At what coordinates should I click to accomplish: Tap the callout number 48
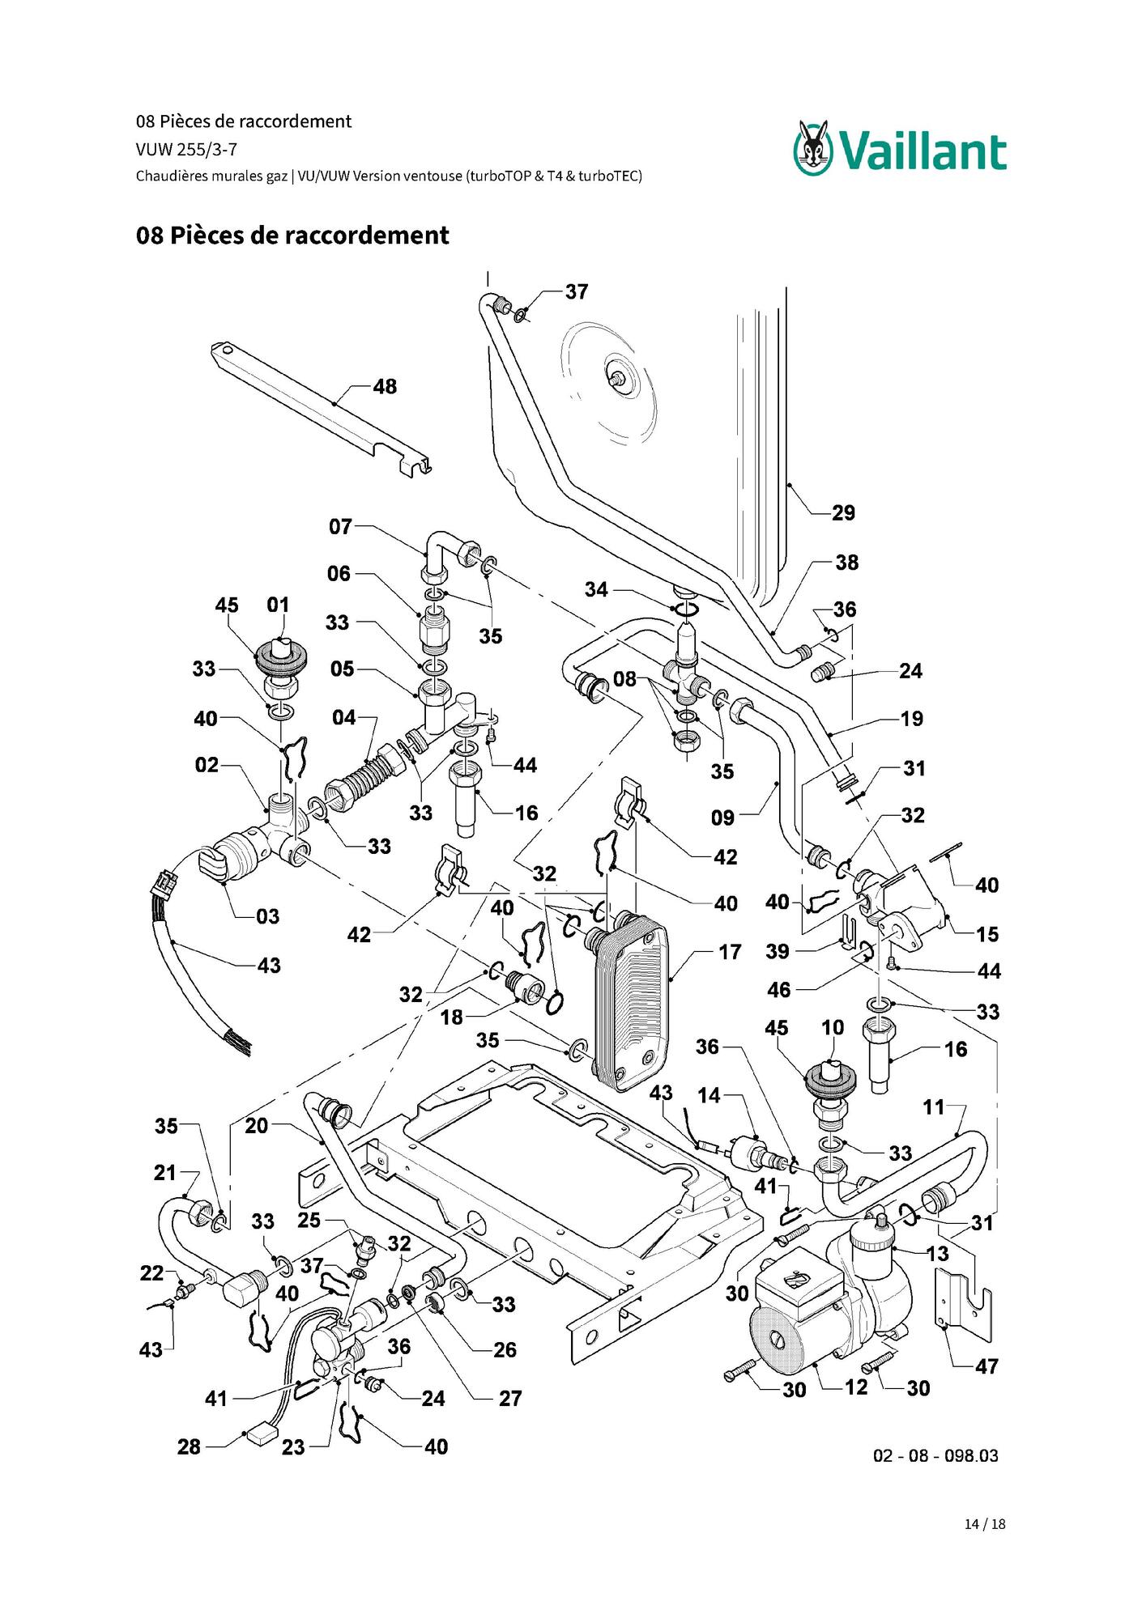click(385, 387)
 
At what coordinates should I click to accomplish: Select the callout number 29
click(843, 513)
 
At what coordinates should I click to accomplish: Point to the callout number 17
click(730, 953)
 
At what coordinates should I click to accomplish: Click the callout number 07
click(340, 527)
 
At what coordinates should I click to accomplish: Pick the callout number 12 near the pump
click(856, 1387)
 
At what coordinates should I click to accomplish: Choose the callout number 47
click(986, 1367)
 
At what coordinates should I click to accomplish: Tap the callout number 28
click(189, 1446)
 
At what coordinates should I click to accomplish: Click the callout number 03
click(267, 917)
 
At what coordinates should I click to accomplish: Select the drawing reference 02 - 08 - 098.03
click(935, 1455)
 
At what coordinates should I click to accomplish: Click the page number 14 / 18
click(985, 1524)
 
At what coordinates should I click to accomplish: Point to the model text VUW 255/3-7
click(186, 150)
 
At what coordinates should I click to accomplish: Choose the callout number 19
click(911, 719)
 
